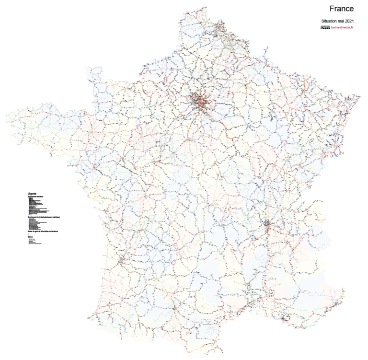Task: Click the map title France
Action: (342, 9)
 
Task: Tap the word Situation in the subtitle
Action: (330, 21)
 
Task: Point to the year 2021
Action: (349, 21)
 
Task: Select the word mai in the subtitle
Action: (341, 21)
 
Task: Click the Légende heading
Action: (32, 194)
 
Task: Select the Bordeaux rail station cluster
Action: (120, 262)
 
